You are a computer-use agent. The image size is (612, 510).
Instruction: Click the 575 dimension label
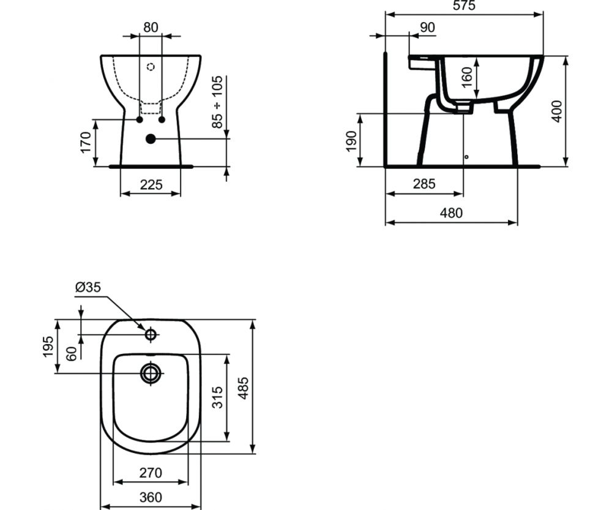tap(464, 6)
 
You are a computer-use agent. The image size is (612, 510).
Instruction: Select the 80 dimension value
tap(151, 28)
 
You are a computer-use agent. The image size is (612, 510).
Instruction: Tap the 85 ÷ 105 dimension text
tap(217, 102)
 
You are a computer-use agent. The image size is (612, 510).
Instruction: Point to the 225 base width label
tap(151, 184)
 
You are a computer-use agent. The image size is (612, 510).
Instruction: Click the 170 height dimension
tap(85, 143)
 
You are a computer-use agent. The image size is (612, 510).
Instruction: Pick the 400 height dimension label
tap(557, 111)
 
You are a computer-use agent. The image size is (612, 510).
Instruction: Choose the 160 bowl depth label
tap(466, 77)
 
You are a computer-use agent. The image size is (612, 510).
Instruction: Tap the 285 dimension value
tap(424, 184)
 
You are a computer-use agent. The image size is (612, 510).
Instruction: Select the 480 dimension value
tap(451, 213)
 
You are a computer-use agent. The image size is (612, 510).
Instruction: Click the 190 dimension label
tap(351, 141)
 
